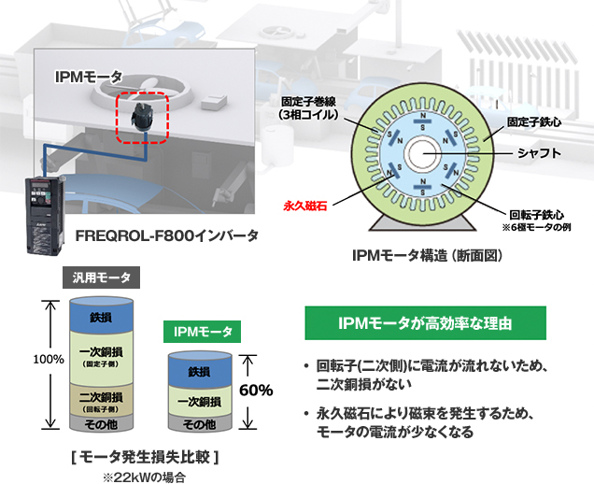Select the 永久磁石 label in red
coord(305,199)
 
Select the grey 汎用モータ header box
coord(102,278)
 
